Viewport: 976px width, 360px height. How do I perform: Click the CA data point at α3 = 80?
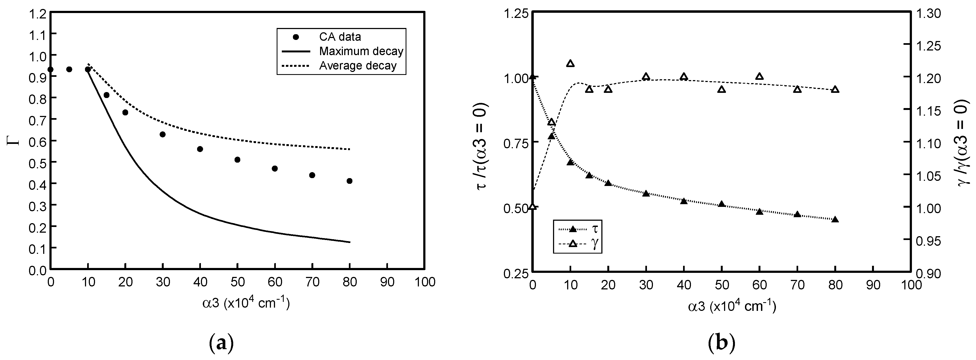click(x=349, y=181)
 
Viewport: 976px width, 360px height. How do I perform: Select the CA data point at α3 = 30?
click(x=163, y=135)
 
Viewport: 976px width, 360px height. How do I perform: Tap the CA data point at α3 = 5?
click(x=69, y=69)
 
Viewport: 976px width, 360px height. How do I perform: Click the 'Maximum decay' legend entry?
click(x=361, y=51)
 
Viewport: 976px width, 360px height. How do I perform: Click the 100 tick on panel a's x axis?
click(x=424, y=282)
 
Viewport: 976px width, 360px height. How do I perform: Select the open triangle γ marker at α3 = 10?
click(x=570, y=64)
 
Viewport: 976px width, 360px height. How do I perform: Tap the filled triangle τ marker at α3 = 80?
click(x=835, y=219)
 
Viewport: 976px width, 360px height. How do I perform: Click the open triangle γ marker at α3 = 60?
click(x=759, y=77)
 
